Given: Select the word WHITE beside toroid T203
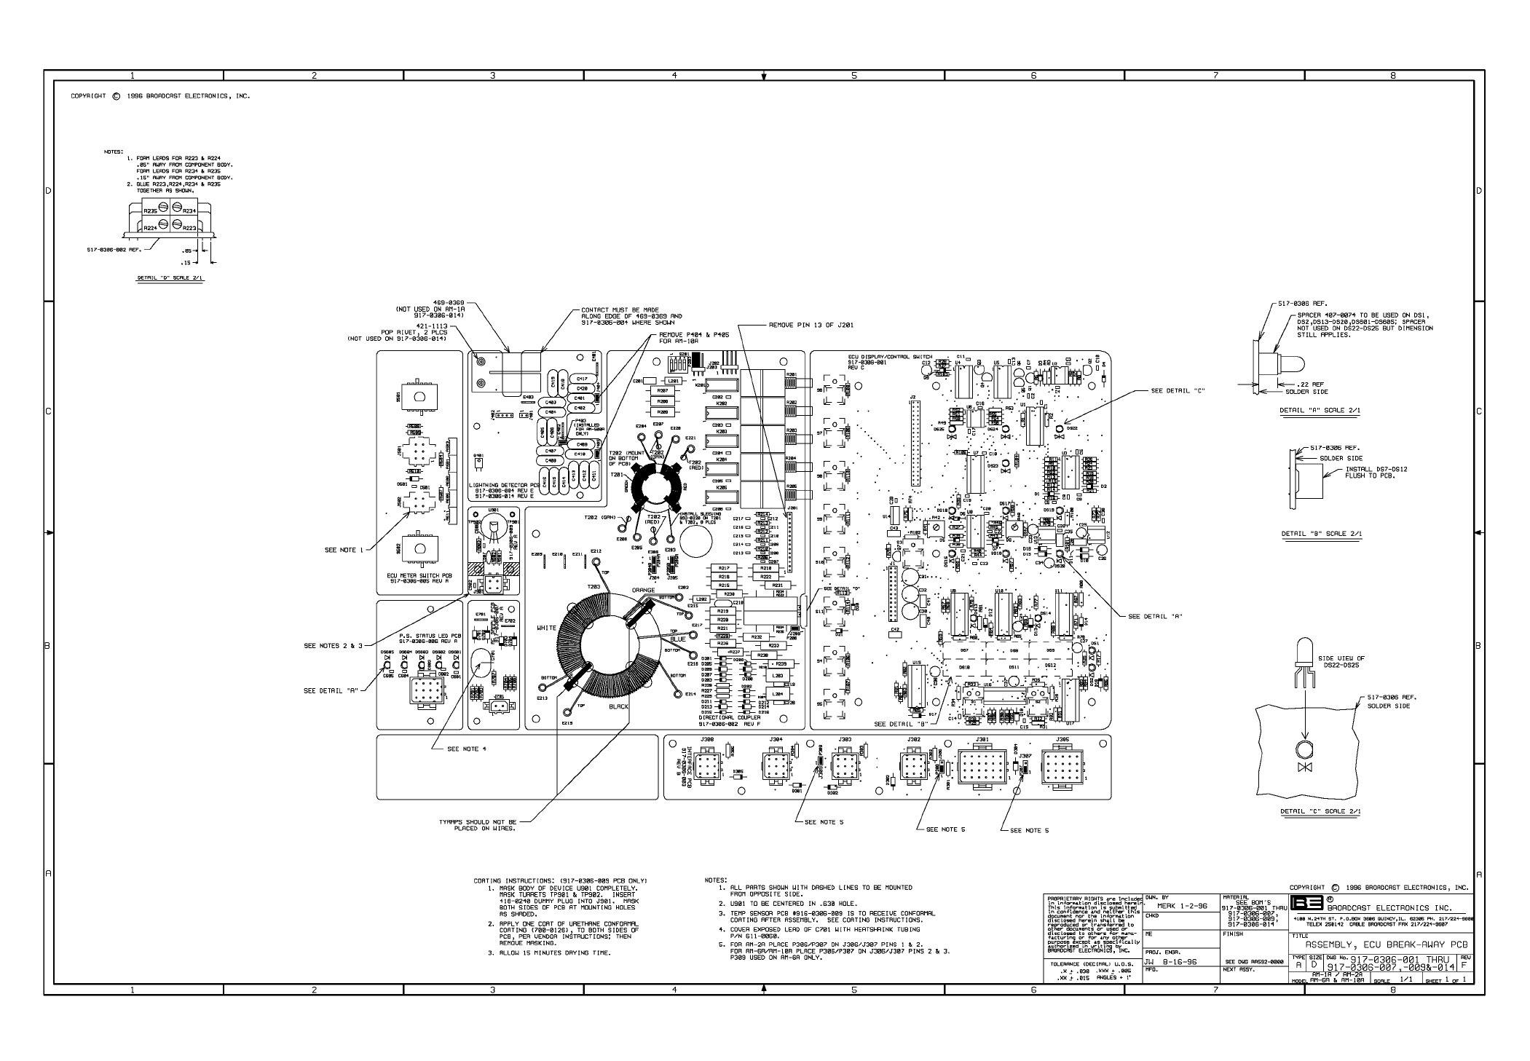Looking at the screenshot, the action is [546, 628].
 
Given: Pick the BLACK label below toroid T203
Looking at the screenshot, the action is [618, 706].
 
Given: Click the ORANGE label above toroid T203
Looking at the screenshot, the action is [643, 591].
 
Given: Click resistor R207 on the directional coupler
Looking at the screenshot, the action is [662, 391].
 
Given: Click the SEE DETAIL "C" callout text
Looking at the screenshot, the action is [1178, 391].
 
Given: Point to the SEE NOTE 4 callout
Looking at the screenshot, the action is [467, 749].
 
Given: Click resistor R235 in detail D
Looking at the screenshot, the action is [150, 211].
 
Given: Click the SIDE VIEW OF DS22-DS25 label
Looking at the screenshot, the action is [1342, 661].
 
